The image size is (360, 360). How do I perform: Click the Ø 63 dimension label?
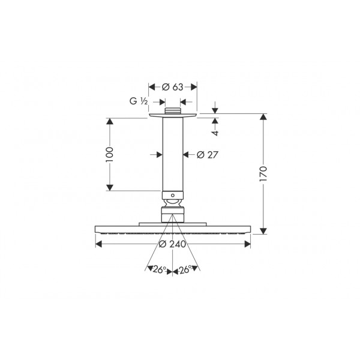click(x=172, y=87)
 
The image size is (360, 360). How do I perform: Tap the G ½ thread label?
click(x=139, y=101)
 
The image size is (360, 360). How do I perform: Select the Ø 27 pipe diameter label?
click(x=208, y=155)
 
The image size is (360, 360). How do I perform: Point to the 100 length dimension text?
click(x=110, y=155)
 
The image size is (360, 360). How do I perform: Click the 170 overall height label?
click(x=263, y=174)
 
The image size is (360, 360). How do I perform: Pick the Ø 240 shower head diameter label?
click(x=172, y=244)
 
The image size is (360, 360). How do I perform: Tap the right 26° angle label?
click(x=185, y=269)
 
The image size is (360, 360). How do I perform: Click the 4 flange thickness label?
click(x=215, y=133)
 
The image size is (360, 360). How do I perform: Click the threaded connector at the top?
click(x=173, y=110)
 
